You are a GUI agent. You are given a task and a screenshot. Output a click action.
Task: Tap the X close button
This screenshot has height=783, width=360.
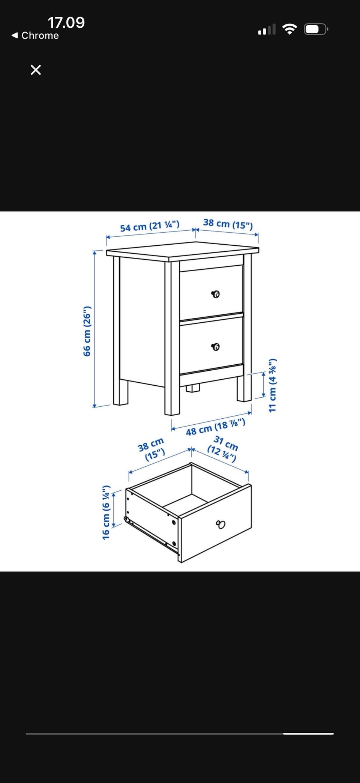(36, 70)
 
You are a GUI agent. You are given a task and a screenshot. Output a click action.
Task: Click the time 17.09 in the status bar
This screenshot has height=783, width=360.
(66, 23)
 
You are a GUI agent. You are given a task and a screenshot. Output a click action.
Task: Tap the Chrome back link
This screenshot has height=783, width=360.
(35, 36)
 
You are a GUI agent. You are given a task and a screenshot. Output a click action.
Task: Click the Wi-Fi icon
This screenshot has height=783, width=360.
(289, 29)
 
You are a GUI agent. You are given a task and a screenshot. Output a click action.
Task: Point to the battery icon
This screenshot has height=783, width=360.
(316, 29)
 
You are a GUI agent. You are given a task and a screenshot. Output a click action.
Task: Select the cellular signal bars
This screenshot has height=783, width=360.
(267, 30)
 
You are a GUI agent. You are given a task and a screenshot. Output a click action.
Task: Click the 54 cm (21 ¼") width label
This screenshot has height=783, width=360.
(150, 226)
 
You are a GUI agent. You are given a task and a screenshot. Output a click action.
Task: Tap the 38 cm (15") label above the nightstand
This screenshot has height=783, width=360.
(228, 224)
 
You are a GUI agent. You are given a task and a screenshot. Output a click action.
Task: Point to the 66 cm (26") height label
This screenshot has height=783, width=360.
(87, 331)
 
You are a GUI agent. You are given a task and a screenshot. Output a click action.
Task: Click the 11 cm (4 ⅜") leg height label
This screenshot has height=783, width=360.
(273, 385)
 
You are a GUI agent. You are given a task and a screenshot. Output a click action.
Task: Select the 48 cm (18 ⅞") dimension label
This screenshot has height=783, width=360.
(216, 427)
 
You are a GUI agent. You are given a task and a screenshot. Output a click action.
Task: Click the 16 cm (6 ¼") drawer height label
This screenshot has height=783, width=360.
(106, 512)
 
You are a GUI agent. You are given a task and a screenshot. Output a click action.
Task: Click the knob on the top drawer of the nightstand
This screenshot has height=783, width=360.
(215, 294)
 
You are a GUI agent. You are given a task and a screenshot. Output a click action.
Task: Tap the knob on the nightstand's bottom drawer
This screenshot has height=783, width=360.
(215, 347)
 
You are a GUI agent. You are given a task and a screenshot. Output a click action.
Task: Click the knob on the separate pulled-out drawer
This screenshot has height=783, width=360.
(221, 524)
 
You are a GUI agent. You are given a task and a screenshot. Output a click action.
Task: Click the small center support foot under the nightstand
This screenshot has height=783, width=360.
(193, 388)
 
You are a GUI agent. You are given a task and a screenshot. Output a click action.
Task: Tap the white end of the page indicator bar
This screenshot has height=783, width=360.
(308, 733)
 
